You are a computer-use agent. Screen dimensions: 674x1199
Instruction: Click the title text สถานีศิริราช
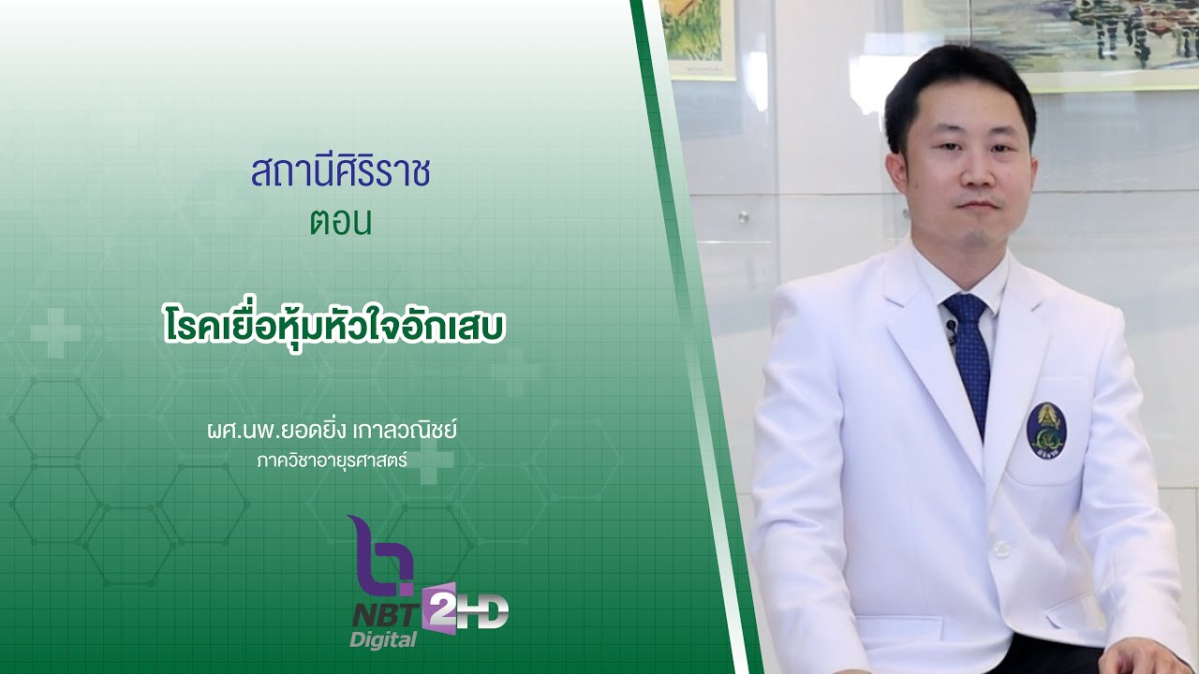(x=340, y=174)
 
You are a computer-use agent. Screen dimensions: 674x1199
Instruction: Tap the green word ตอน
(x=340, y=222)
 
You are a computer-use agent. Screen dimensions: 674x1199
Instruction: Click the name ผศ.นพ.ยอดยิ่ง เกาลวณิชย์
(x=337, y=432)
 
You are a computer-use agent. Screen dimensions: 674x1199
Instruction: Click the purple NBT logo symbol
(x=380, y=556)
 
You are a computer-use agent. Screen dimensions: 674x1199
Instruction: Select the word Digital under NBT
(x=383, y=640)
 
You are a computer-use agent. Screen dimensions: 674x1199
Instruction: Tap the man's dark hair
(x=955, y=80)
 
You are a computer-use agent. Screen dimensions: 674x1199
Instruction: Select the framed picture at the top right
(x=1049, y=42)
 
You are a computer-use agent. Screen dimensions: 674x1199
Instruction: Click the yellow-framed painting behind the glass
(x=697, y=37)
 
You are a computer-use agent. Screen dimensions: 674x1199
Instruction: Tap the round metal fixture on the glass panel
(x=743, y=217)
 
